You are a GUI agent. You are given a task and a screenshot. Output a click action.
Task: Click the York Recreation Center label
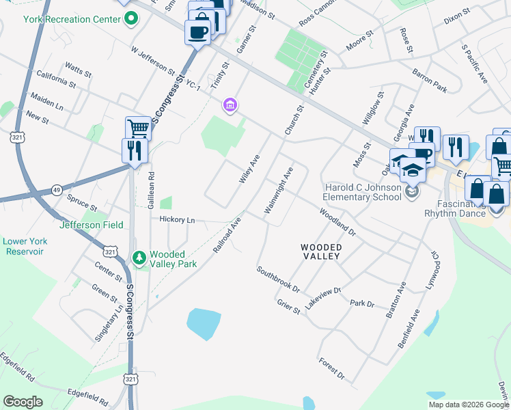click(x=71, y=19)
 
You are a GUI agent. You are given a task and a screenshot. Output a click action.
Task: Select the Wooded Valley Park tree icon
click(x=139, y=257)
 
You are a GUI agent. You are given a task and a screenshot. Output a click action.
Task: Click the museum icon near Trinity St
click(x=230, y=105)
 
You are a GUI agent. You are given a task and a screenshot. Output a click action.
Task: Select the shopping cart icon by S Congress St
click(x=138, y=128)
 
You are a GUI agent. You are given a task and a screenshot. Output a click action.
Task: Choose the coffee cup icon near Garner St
click(x=198, y=32)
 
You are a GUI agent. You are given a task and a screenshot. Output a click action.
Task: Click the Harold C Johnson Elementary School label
click(x=363, y=193)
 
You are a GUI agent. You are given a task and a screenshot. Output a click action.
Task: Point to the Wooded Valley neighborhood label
click(x=321, y=251)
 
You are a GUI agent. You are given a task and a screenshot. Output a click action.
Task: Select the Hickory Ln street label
click(x=177, y=220)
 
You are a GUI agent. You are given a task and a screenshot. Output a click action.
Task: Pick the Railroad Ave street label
click(x=227, y=235)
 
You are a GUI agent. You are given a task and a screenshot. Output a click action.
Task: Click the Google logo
click(x=23, y=402)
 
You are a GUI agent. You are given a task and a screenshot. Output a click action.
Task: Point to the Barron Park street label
click(x=429, y=80)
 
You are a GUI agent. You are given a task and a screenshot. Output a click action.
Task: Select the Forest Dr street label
click(x=332, y=369)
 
